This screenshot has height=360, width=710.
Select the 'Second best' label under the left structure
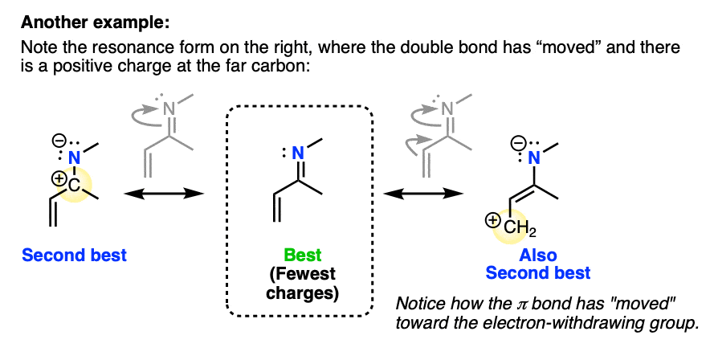(75, 256)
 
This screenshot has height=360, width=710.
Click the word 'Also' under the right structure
(538, 256)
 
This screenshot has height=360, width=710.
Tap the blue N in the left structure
(74, 160)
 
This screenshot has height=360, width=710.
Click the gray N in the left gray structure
(169, 108)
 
